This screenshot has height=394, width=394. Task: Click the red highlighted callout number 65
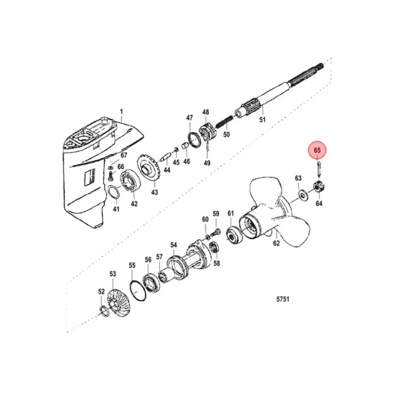(317, 150)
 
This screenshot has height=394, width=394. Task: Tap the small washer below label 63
(302, 194)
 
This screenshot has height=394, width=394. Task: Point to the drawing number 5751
(283, 299)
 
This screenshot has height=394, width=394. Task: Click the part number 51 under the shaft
(262, 120)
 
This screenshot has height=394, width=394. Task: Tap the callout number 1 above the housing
(121, 112)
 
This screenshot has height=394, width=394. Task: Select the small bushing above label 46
(185, 146)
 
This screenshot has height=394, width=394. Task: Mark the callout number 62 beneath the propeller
(276, 243)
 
